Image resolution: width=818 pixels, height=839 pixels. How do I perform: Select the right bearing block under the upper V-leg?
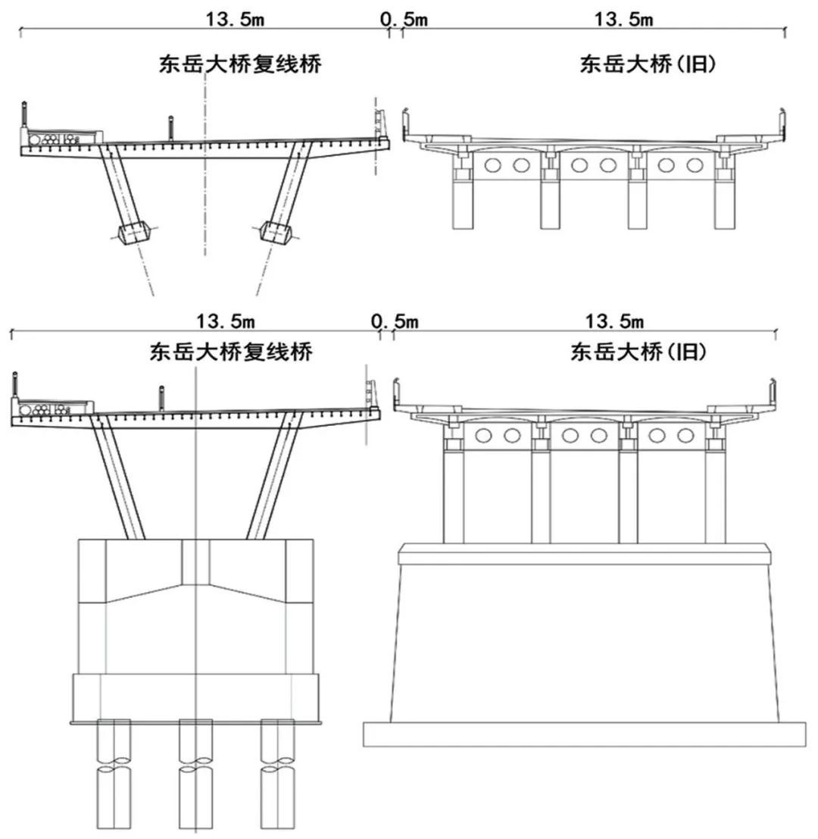pyautogui.click(x=275, y=232)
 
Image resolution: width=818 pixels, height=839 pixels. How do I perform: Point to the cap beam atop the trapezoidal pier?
pyautogui.click(x=583, y=554)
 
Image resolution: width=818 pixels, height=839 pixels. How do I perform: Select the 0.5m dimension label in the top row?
pyautogui.click(x=404, y=19)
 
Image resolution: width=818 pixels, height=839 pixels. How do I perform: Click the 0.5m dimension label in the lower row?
pyautogui.click(x=395, y=321)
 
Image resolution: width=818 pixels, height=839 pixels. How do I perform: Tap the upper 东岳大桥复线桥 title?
pyautogui.click(x=239, y=64)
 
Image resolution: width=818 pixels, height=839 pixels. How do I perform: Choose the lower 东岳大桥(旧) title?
pyautogui.click(x=638, y=352)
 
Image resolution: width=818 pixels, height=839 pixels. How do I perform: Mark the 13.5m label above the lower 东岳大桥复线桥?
pyautogui.click(x=226, y=321)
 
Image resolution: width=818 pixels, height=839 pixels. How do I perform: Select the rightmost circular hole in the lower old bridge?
pyautogui.click(x=685, y=435)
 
